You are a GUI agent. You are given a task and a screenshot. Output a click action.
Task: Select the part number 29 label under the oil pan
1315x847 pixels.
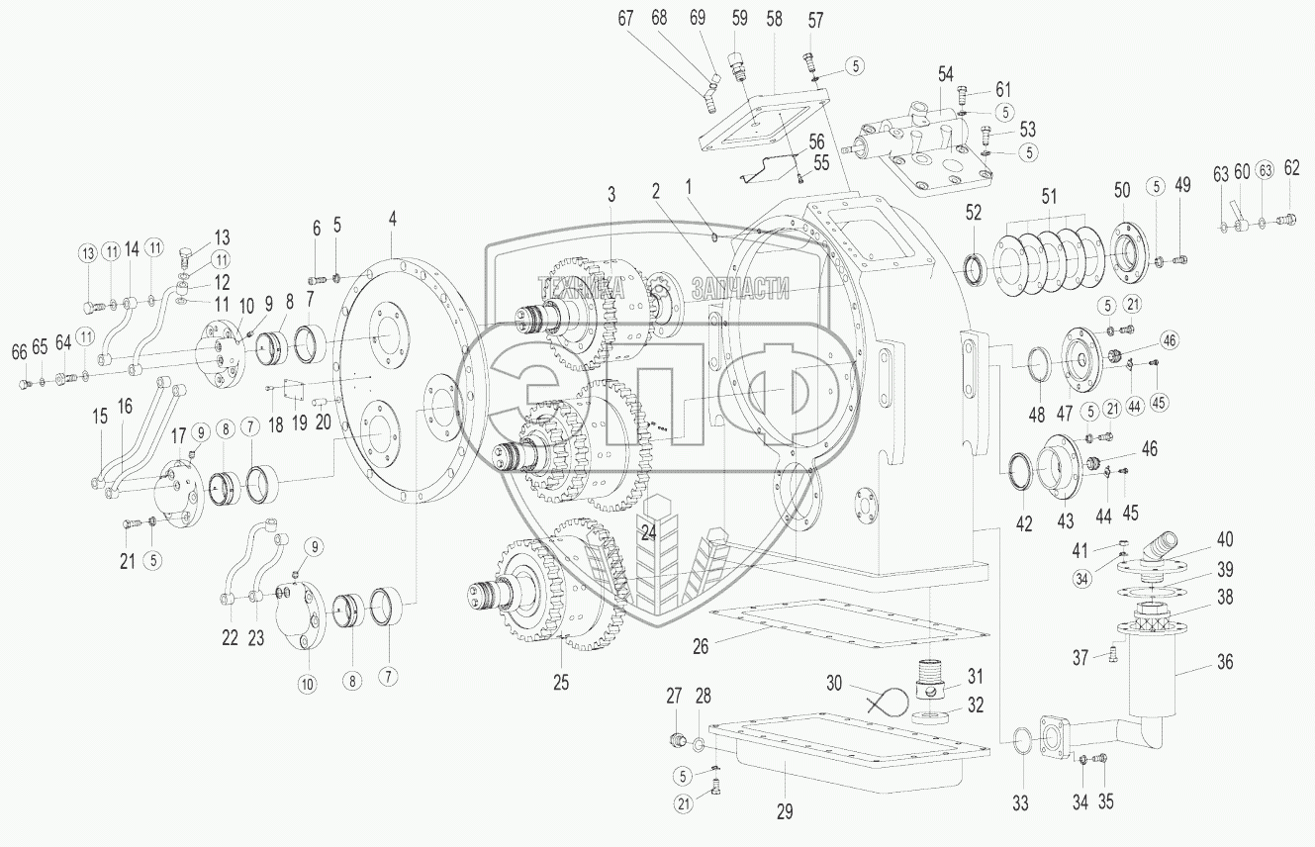(785, 811)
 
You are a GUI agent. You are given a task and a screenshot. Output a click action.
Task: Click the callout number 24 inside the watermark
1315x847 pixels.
(648, 531)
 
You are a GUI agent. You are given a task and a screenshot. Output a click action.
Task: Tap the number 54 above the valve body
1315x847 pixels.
(946, 75)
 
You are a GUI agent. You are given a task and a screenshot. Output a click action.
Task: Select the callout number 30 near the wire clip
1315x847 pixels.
(835, 682)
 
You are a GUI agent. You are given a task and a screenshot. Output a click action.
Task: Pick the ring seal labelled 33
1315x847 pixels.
(1020, 736)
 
